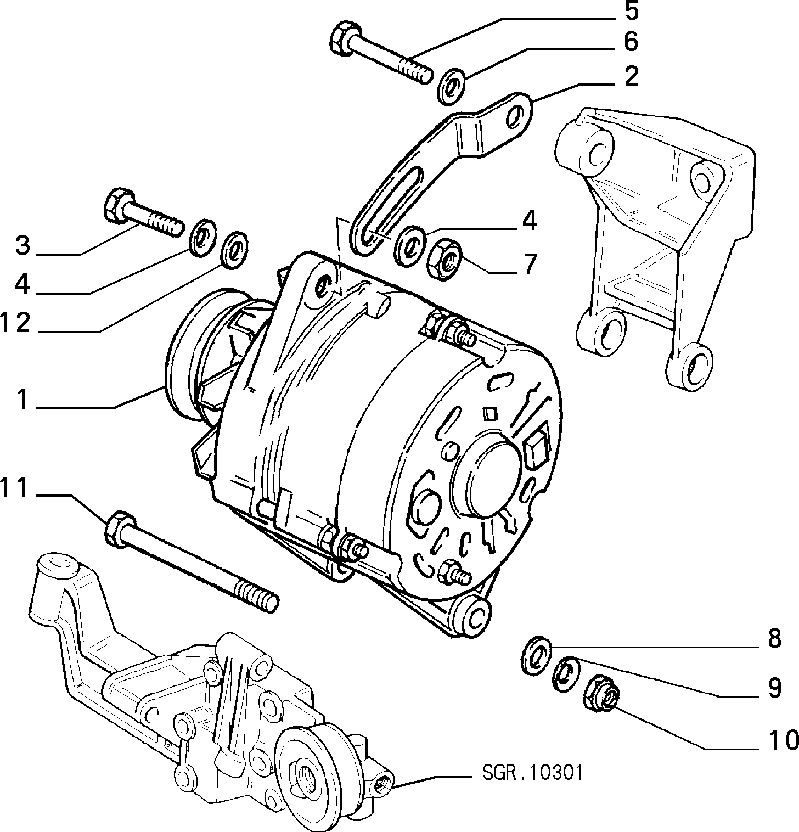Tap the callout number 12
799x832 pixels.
(x=15, y=323)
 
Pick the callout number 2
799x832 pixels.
(x=631, y=76)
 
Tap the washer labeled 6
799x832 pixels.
(x=451, y=86)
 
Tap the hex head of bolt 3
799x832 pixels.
(x=118, y=205)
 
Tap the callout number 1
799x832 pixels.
(x=21, y=400)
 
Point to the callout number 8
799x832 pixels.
(x=773, y=638)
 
